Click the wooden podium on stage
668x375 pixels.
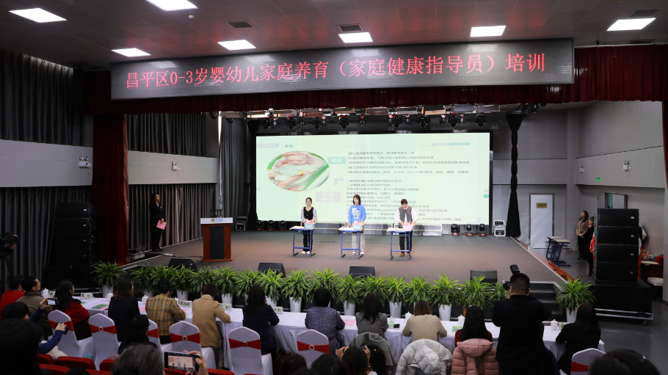coord(217,241)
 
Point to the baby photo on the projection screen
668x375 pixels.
coord(297,171)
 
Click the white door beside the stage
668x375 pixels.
coord(542,220)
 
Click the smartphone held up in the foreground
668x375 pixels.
coord(181,360)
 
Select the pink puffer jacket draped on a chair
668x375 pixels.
coord(474,357)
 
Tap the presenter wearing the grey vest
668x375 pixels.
coord(405,219)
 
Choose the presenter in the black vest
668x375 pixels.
coord(309,221)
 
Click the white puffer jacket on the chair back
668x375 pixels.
coord(424,357)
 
